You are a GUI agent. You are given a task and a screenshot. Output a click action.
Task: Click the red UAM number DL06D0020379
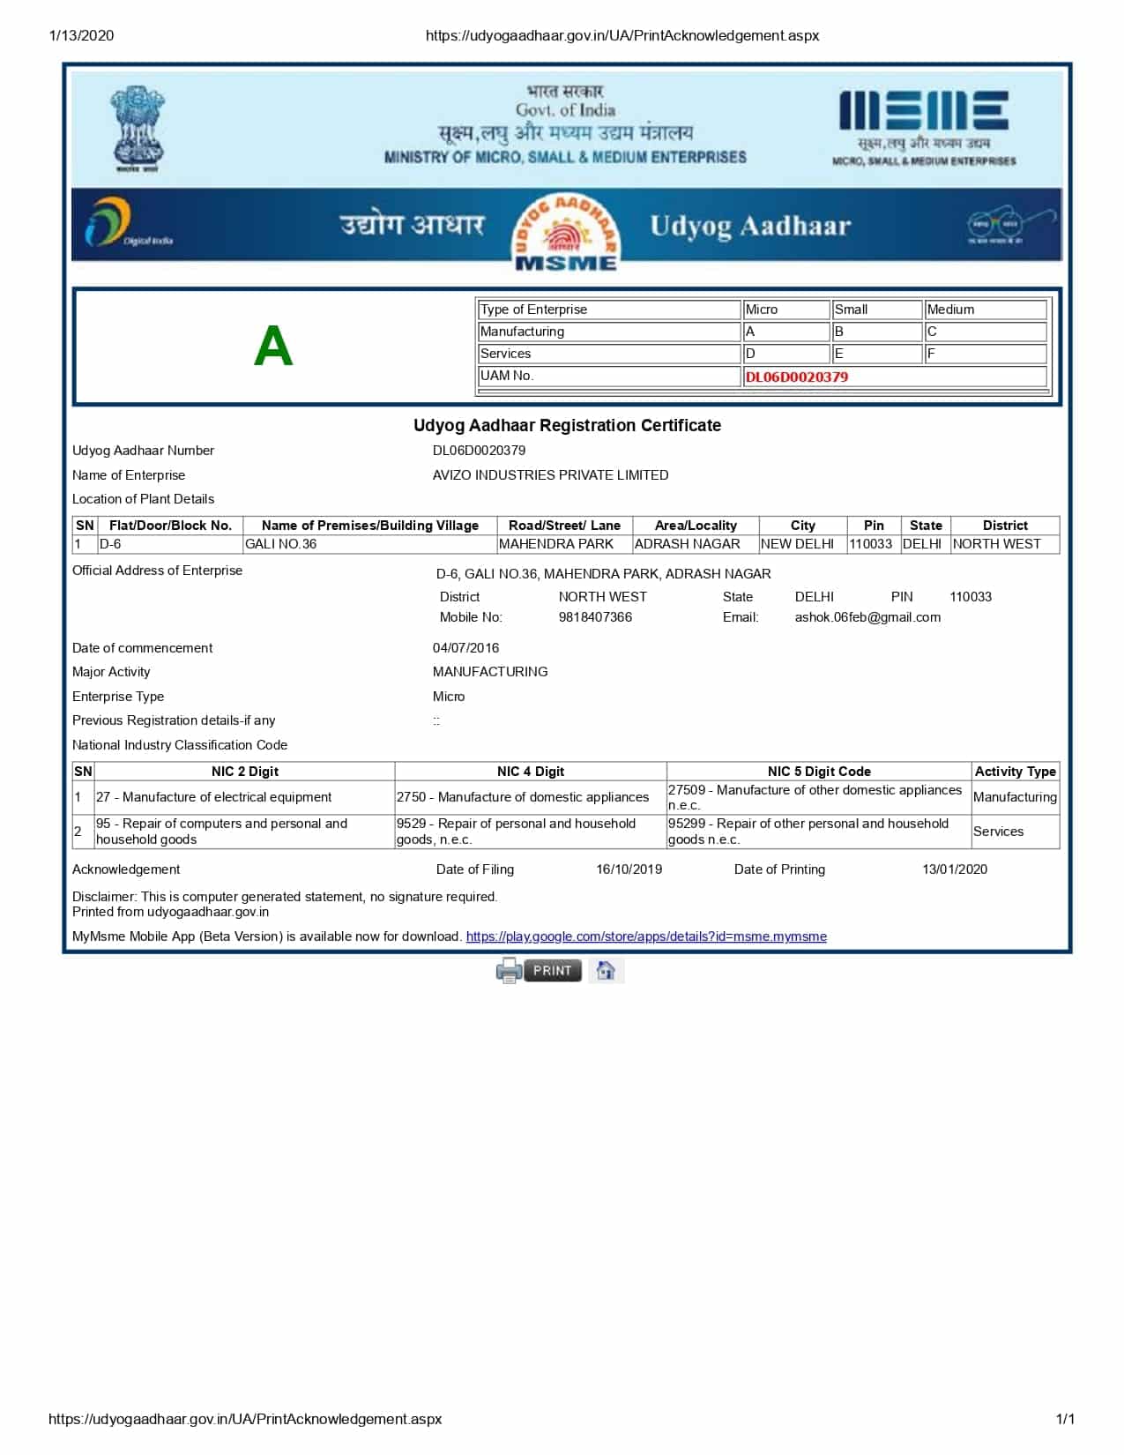pyautogui.click(x=796, y=377)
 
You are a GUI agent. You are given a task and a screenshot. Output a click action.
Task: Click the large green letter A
pyautogui.click(x=272, y=346)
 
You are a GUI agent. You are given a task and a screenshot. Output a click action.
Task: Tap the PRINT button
pyautogui.click(x=552, y=970)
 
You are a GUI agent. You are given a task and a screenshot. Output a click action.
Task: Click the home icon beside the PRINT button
pyautogui.click(x=605, y=970)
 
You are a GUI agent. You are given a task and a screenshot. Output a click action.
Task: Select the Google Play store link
pyautogui.click(x=645, y=936)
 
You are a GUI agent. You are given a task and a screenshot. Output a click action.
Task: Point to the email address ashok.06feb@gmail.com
pyautogui.click(x=867, y=617)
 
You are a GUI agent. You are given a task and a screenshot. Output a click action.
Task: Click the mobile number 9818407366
pyautogui.click(x=595, y=617)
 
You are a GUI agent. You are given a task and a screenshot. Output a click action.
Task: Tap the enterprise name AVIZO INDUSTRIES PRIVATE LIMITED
pyautogui.click(x=550, y=475)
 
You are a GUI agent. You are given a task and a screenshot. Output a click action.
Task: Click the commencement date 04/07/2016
pyautogui.click(x=465, y=648)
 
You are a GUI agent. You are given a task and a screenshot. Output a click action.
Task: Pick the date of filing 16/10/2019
pyautogui.click(x=629, y=869)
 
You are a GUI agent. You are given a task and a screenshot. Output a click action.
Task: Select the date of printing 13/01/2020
pyautogui.click(x=955, y=869)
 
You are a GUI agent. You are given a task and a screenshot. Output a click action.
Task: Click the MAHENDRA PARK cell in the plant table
pyautogui.click(x=556, y=544)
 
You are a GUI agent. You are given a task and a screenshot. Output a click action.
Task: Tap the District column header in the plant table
pyautogui.click(x=1005, y=526)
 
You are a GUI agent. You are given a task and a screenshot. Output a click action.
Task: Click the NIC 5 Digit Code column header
pyautogui.click(x=819, y=772)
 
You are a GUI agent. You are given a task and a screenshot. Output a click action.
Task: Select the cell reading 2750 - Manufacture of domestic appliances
pyautogui.click(x=523, y=797)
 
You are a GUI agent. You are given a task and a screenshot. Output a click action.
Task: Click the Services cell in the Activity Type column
pyautogui.click(x=998, y=832)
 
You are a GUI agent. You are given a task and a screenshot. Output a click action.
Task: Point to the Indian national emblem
pyautogui.click(x=138, y=129)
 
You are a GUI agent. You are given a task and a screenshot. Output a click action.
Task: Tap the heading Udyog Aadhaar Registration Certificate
pyautogui.click(x=567, y=425)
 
